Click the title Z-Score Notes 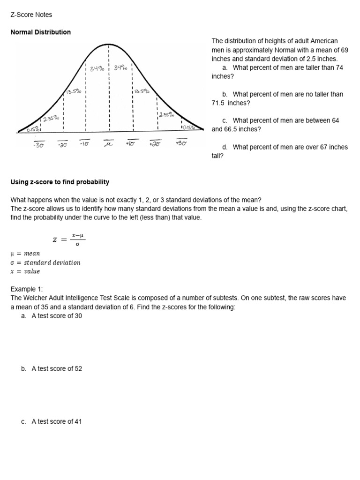coord(31,15)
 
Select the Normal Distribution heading coord(40,32)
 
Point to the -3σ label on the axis coord(39,144)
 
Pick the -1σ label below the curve coord(85,143)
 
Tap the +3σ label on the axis coord(181,143)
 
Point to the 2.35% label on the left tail coord(52,119)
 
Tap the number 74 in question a coord(339,67)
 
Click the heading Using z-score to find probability coord(60,182)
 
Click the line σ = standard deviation coord(45,262)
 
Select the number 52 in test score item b coord(78,369)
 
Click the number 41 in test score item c coord(78,421)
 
